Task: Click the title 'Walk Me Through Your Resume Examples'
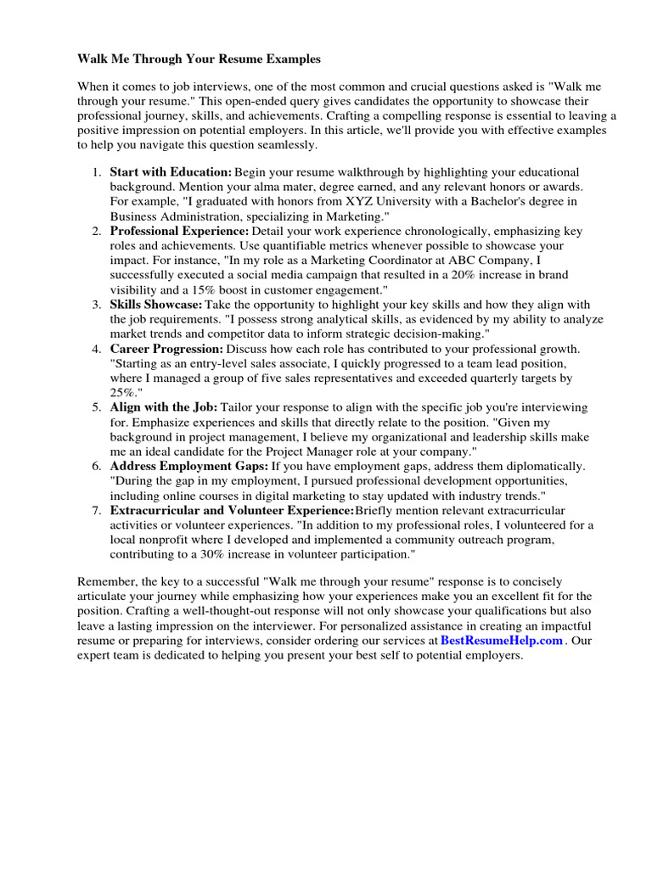point(200,59)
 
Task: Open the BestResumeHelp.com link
point(502,641)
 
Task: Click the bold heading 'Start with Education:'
point(171,171)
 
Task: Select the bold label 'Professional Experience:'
point(179,231)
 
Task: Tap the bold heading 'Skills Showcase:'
point(156,304)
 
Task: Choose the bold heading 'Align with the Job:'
point(164,407)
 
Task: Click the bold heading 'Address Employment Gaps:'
point(189,466)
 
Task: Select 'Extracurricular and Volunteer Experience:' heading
point(232,510)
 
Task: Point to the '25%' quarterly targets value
point(123,392)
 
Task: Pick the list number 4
point(98,349)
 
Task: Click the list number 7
point(98,510)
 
